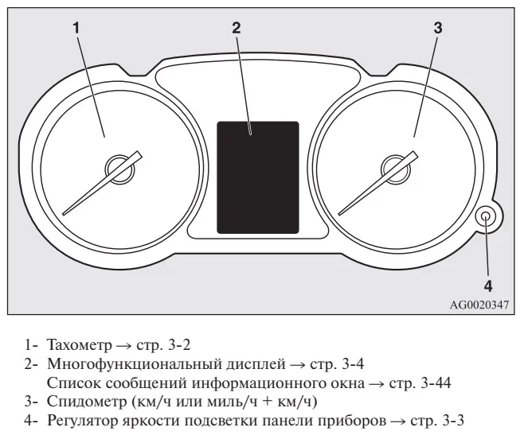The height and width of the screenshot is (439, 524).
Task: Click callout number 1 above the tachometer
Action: coord(76,28)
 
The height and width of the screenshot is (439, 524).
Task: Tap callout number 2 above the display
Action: coord(237,28)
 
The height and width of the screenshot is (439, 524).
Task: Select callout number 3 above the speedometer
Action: coord(438,28)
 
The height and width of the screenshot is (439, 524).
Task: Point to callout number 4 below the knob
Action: coord(488,286)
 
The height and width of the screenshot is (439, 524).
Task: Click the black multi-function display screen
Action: coord(258,177)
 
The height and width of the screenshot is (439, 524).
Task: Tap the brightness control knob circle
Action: coord(487,216)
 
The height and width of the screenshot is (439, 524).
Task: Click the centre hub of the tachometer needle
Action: coord(119,169)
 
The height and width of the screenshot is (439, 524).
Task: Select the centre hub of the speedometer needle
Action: coord(395,169)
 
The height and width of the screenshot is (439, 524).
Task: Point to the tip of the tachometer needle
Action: coord(64,214)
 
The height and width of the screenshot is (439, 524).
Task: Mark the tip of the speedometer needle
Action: coord(339,214)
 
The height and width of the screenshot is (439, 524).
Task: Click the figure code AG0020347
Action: coord(479,305)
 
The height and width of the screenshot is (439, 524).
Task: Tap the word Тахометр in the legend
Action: coord(80,345)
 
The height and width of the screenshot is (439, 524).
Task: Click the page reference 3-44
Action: coord(436,383)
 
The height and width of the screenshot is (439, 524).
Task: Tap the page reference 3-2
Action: coord(179,345)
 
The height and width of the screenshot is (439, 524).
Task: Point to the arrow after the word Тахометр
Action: coord(124,346)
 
